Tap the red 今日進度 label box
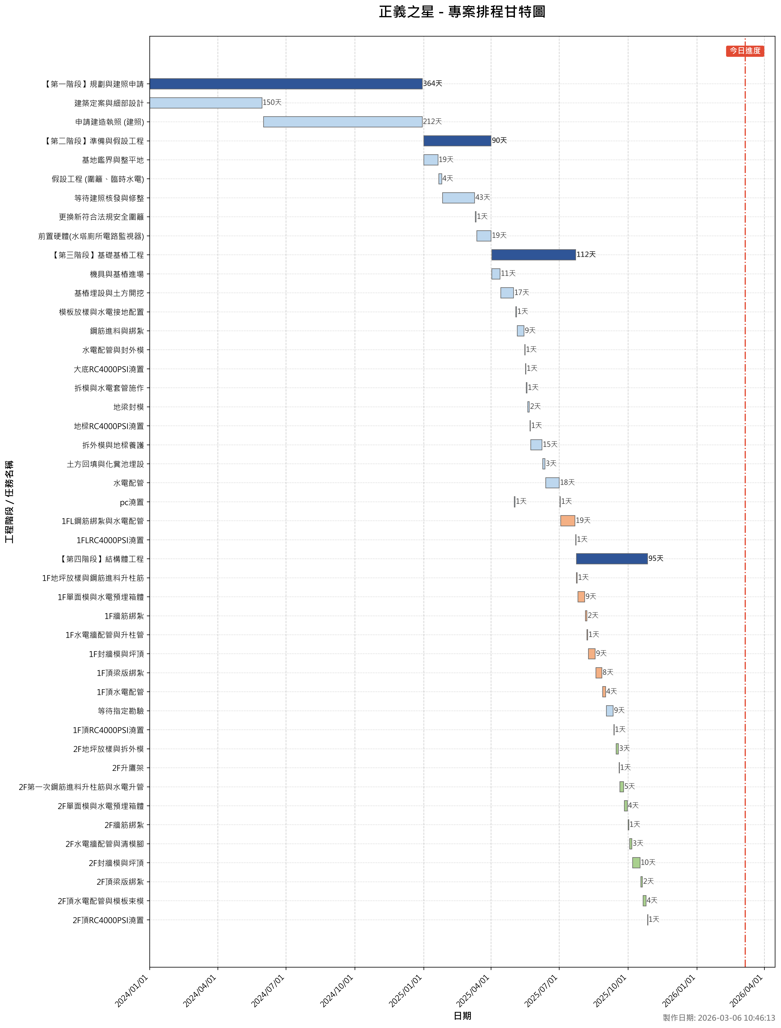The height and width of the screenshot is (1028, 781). [x=745, y=51]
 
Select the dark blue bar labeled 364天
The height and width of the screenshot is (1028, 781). [x=286, y=84]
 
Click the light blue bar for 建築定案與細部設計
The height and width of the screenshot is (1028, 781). [x=205, y=103]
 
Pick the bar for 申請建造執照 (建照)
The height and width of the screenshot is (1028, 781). [x=343, y=122]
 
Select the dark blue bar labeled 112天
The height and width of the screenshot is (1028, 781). [x=533, y=255]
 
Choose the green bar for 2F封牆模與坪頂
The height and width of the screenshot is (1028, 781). [x=636, y=862]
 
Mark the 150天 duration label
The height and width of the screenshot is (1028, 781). [x=272, y=102]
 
